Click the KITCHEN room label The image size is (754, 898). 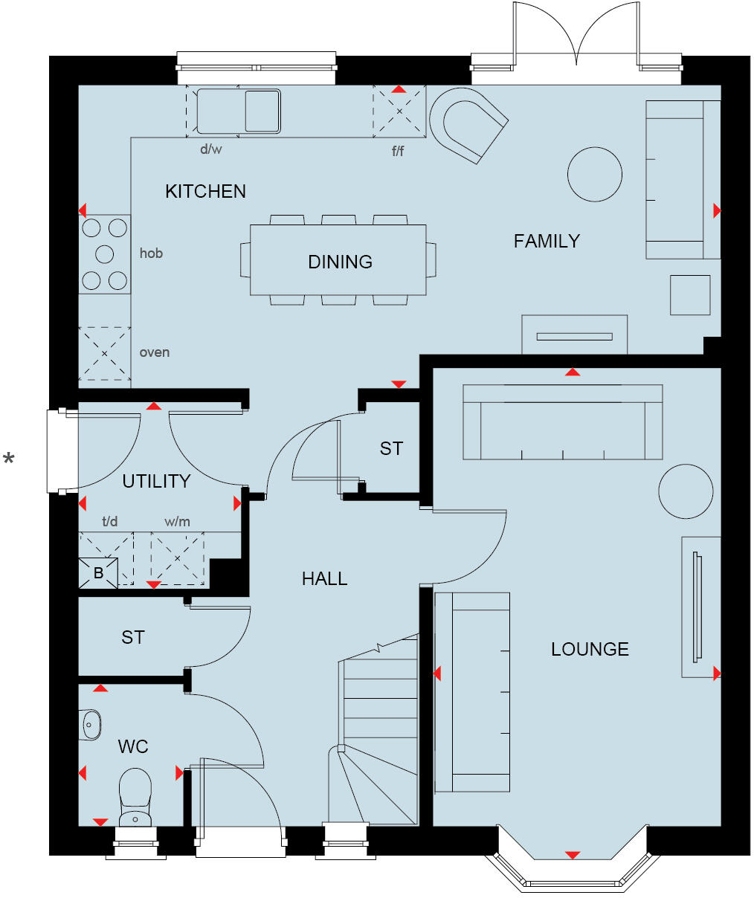(x=205, y=192)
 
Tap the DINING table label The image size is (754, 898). (x=340, y=262)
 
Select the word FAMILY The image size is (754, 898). (x=547, y=241)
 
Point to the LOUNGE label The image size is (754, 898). (x=590, y=649)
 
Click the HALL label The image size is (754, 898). (x=324, y=578)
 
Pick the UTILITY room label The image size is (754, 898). (x=156, y=481)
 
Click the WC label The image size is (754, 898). (x=133, y=746)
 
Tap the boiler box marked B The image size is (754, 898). (x=98, y=573)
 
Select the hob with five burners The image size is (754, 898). (x=105, y=254)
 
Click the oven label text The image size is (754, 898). (x=155, y=352)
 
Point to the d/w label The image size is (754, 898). (x=211, y=149)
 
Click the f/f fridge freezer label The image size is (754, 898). (x=399, y=152)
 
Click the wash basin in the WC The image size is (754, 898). (x=91, y=723)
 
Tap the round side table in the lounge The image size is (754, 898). (x=686, y=491)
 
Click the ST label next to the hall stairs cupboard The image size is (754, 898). (x=391, y=448)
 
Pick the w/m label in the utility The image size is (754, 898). (x=177, y=522)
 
